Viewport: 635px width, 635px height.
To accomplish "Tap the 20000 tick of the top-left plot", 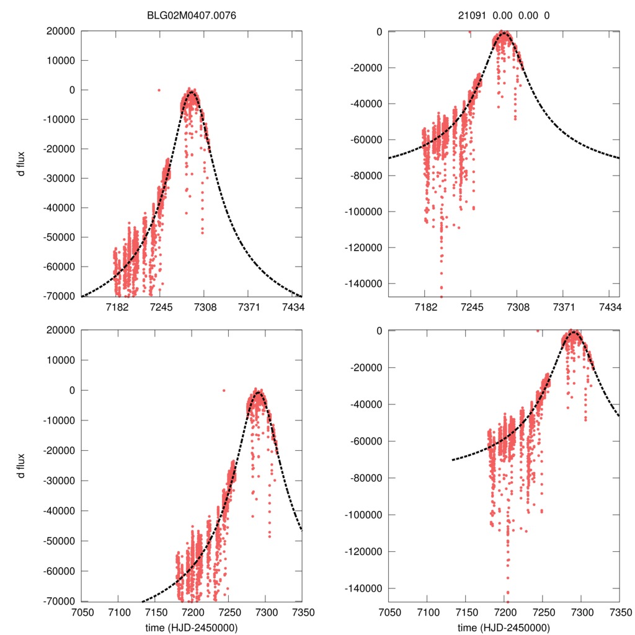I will point(62,31).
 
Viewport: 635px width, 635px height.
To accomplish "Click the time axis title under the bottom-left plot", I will point(192,627).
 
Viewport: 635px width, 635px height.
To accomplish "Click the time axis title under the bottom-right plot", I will point(504,627).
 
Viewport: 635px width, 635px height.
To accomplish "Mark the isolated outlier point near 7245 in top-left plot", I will point(159,90).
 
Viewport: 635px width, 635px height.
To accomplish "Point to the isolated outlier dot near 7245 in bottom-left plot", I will point(224,390).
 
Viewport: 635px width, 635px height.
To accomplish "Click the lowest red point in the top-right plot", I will point(442,296).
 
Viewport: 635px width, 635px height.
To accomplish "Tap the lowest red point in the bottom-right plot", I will point(507,600).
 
